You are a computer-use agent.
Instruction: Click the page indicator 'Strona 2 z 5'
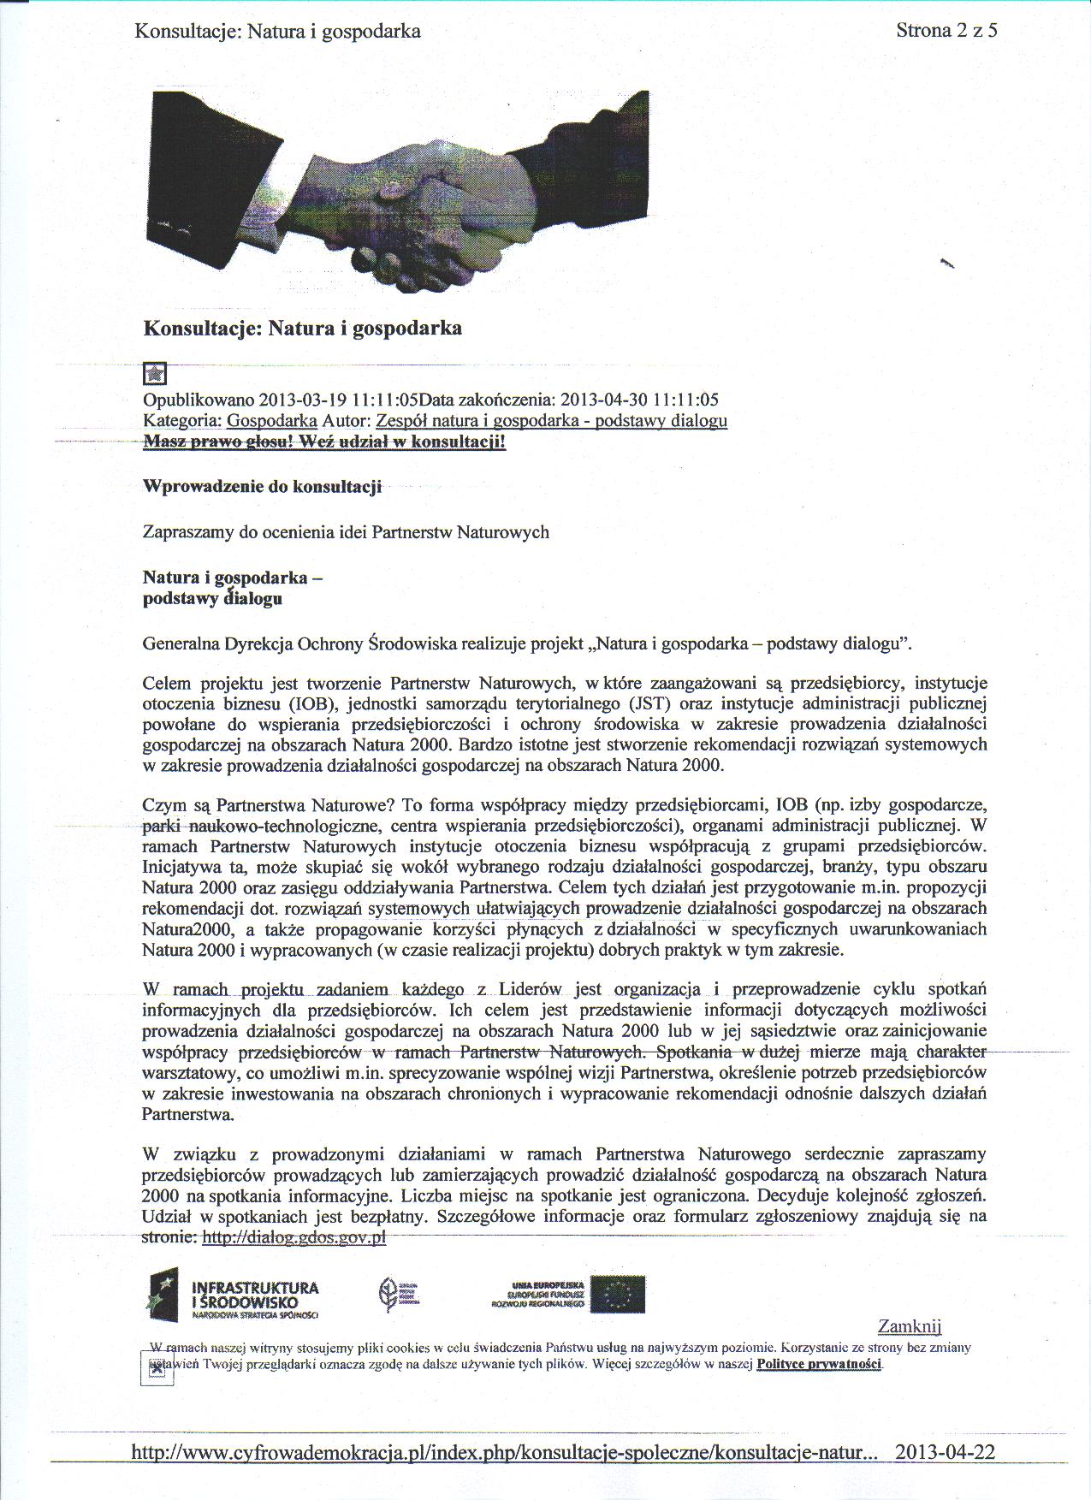pos(946,31)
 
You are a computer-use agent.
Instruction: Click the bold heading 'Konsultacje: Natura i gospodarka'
pos(302,328)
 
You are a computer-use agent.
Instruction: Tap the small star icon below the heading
pos(155,374)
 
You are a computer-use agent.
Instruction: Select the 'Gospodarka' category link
pos(271,421)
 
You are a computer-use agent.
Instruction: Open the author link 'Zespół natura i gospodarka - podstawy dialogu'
pos(551,421)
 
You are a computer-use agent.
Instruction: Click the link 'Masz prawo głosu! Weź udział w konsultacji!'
pos(324,442)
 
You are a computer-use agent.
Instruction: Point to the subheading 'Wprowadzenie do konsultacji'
pos(262,487)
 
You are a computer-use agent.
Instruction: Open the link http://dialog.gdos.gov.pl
pos(294,1237)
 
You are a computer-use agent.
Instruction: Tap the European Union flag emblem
pos(617,1294)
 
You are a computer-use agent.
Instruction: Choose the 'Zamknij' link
pos(909,1326)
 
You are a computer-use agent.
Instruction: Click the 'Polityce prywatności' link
pos(819,1364)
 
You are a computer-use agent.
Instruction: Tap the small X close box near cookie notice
pos(157,1369)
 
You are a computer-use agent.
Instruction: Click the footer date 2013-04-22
pos(945,1452)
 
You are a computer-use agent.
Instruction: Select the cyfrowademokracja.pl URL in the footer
pos(504,1452)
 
